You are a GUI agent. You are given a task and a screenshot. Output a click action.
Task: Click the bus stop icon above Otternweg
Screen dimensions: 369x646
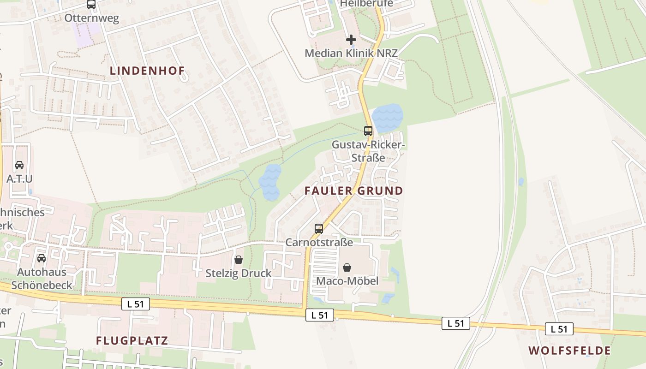click(91, 5)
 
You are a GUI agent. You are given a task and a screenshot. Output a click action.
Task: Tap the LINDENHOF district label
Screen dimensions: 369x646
click(147, 71)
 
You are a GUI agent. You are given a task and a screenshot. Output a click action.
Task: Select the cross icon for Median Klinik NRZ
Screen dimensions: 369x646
click(351, 40)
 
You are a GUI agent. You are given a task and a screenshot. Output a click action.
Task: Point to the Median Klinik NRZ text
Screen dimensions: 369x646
click(351, 53)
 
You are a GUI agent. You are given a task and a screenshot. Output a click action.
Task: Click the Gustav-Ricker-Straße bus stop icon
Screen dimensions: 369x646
click(368, 131)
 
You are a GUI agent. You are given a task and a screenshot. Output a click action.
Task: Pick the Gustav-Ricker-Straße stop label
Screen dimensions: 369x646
click(368, 151)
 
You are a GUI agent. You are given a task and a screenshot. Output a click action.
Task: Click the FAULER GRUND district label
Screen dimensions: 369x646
click(353, 190)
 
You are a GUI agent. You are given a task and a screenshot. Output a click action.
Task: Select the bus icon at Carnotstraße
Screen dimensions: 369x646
click(318, 229)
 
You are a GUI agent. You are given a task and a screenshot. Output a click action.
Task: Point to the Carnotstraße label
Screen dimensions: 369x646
click(319, 242)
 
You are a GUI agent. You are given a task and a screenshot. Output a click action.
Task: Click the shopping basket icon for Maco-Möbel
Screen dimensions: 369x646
click(347, 268)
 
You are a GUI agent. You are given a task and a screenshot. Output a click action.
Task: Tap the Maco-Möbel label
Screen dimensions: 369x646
click(347, 281)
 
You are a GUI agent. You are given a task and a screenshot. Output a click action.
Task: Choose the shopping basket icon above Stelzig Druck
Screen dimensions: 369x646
click(239, 260)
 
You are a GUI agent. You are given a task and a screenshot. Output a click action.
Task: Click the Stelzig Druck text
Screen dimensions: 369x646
click(239, 273)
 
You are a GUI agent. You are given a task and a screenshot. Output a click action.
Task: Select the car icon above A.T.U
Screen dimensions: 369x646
click(19, 165)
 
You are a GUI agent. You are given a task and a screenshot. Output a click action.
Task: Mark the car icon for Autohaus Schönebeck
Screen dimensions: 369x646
click(42, 258)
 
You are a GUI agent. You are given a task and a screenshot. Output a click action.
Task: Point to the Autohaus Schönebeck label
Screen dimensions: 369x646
click(42, 279)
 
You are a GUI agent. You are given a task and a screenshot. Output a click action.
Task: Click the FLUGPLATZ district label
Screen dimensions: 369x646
click(132, 341)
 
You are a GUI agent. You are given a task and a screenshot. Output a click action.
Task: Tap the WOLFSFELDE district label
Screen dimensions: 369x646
click(569, 351)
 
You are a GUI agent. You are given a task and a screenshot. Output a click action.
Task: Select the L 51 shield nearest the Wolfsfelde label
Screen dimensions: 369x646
click(559, 329)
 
